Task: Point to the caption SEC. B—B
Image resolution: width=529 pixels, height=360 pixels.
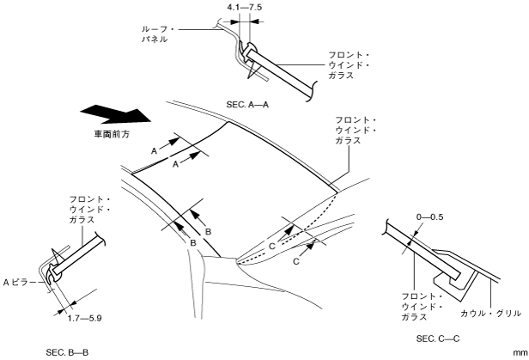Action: click(x=69, y=351)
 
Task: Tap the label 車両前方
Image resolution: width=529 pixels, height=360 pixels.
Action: click(x=111, y=136)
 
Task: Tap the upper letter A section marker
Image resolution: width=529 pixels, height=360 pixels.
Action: click(x=156, y=149)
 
